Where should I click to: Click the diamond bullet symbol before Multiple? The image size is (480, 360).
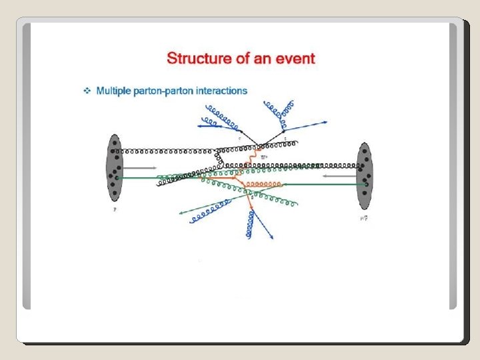(x=86, y=91)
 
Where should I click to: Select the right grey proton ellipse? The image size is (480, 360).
(x=364, y=175)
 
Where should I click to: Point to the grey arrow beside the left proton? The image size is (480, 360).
(x=141, y=167)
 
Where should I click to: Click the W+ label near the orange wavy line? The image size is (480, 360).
(x=265, y=157)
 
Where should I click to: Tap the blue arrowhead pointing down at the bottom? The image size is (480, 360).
(x=273, y=237)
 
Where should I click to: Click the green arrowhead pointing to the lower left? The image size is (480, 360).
(x=181, y=213)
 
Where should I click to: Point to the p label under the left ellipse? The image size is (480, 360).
(x=114, y=209)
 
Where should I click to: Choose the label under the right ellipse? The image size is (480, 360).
(x=363, y=217)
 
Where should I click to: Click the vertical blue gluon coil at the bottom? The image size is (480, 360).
(x=249, y=223)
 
